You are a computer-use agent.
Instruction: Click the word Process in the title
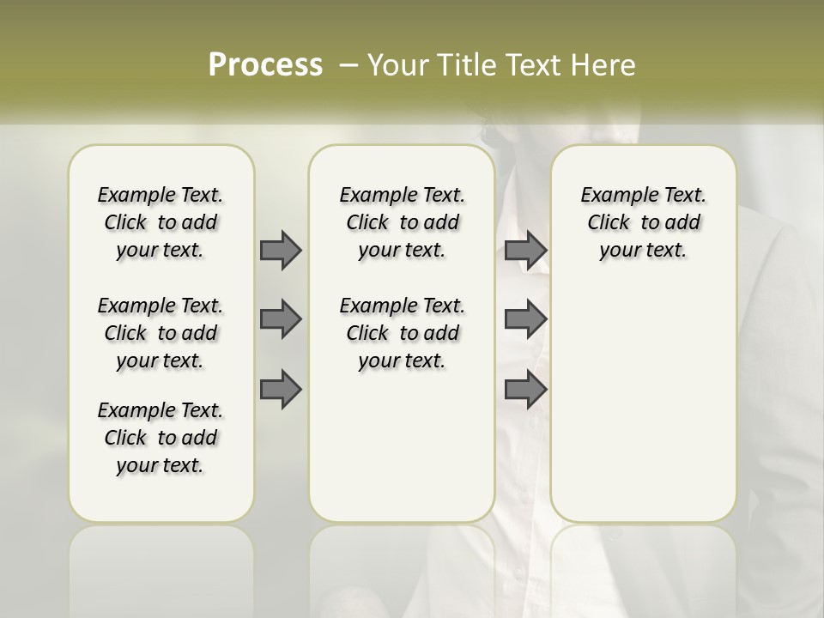tap(265, 64)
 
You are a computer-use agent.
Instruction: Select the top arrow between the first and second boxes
tap(281, 250)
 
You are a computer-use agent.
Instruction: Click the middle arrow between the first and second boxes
tap(281, 319)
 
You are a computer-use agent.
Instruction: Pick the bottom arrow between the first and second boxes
tap(281, 390)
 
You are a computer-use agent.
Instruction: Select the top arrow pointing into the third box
tap(525, 250)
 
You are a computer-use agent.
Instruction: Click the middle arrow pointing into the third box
tap(525, 319)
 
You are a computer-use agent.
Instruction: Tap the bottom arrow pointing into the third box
tap(525, 390)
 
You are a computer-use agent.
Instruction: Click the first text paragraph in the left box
tap(161, 222)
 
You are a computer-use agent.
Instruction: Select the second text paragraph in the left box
tap(161, 333)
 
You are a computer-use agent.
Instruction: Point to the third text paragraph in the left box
tap(161, 438)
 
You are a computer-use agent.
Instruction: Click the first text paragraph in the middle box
tap(402, 222)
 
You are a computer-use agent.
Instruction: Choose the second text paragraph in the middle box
tap(402, 333)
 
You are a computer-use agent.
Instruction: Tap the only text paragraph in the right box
tap(643, 222)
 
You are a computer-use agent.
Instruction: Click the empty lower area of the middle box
tap(402, 446)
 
